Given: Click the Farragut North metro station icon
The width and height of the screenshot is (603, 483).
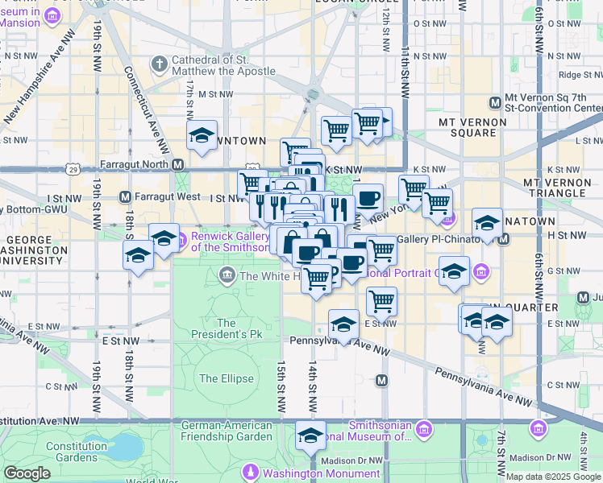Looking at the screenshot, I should pos(178,163).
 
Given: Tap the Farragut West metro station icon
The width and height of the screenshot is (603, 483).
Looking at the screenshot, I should pos(125,196).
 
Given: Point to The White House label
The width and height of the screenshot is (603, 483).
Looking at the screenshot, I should pos(271,276).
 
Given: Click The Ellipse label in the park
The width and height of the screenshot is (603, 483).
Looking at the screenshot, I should pos(227,378).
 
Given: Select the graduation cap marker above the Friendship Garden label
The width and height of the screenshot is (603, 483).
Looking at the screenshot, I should pos(310,436).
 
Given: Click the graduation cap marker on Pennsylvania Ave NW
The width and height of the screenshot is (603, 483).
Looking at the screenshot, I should pos(344,324).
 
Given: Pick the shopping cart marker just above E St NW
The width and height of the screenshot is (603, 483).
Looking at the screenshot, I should pos(381,301).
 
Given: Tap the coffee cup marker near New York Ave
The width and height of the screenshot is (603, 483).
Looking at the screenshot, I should pos(368,197).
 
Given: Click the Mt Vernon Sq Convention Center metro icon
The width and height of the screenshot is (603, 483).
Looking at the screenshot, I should pos(495,102).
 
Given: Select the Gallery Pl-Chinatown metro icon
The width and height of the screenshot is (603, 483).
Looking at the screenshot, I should pos(504,239).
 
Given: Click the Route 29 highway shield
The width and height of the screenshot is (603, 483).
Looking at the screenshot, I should pos(73,170).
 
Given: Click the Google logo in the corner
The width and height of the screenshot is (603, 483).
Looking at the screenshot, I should pos(27,473).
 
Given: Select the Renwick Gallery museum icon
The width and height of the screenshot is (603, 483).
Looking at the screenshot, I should pos(181,238).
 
